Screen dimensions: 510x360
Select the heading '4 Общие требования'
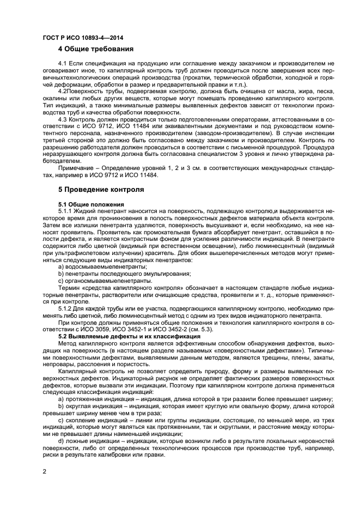pos(95,49)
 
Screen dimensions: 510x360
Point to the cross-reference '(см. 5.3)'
pos(202,329)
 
